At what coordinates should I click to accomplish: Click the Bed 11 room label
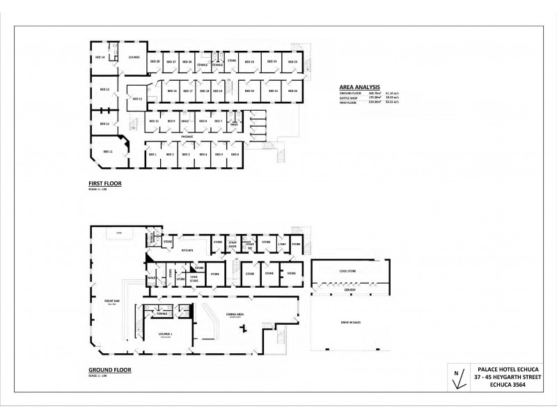pyautogui.click(x=108, y=151)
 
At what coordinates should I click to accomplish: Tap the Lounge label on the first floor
pyautogui.click(x=134, y=57)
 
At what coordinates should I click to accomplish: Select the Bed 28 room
pyautogui.click(x=155, y=62)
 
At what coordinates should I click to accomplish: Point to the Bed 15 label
pyautogui.click(x=137, y=99)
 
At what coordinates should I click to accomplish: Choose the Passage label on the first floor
pyautogui.click(x=187, y=137)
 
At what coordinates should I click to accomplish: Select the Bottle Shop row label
pyautogui.click(x=348, y=98)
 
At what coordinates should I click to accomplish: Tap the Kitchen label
pyautogui.click(x=187, y=249)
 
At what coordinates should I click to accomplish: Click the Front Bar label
pyautogui.click(x=111, y=301)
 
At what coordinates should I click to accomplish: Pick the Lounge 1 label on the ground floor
pyautogui.click(x=165, y=334)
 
